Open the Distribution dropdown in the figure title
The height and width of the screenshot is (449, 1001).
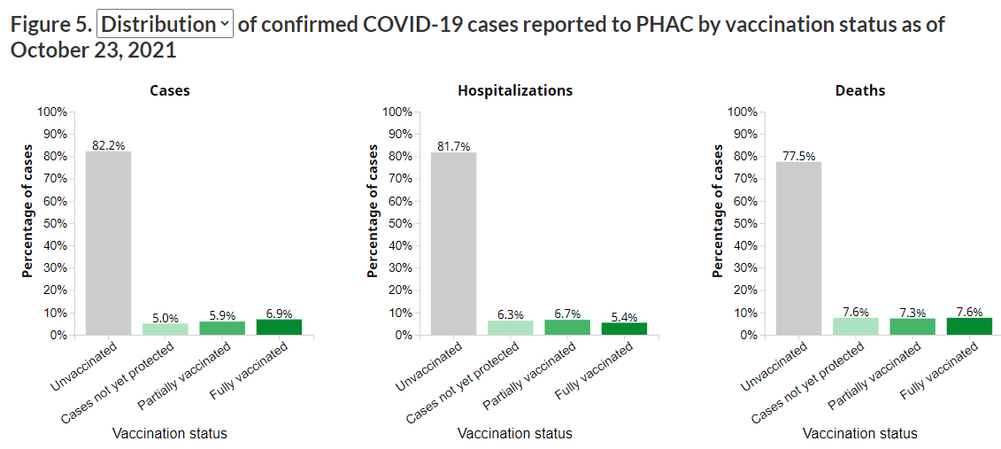coord(165,24)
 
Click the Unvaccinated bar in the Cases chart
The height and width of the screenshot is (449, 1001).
coord(108,243)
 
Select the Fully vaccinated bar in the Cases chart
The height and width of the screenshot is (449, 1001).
coord(279,327)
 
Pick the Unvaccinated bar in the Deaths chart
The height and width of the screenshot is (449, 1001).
coord(798,248)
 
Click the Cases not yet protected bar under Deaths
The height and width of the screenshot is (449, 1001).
coord(855,326)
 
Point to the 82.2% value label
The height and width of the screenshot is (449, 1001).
coord(108,145)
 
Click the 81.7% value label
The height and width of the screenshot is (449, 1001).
coord(453,146)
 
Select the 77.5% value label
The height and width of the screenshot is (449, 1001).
coord(798,156)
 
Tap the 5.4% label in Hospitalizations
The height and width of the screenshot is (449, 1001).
coord(624,316)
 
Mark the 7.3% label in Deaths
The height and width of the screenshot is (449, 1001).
coord(912,313)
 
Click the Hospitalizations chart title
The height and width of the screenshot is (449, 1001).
coord(515,90)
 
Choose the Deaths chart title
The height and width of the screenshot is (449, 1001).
coord(859,90)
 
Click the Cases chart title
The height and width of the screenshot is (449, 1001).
coord(169,90)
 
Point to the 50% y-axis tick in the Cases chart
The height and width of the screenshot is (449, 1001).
coord(53,223)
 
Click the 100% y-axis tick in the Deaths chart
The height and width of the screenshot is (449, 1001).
coord(741,112)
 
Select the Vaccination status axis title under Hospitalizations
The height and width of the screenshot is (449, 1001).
coord(515,433)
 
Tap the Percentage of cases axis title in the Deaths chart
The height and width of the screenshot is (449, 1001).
coord(718,211)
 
